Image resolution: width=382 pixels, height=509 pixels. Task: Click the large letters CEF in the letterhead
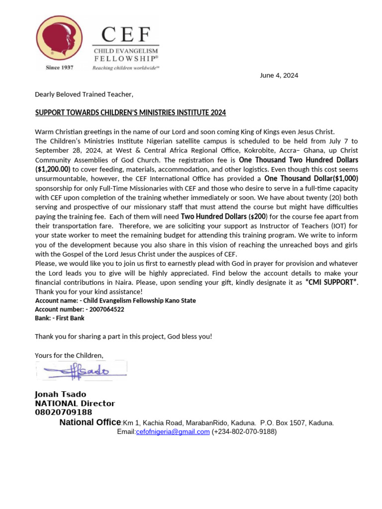(126, 35)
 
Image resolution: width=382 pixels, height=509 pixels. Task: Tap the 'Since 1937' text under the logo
(59, 68)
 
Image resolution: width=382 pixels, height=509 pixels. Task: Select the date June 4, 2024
(279, 76)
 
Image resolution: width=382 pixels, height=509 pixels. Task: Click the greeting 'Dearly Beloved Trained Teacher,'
(84, 94)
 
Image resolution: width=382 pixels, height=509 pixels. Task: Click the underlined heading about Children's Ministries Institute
(130, 113)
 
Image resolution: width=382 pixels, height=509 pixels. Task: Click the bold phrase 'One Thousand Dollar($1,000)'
(311, 178)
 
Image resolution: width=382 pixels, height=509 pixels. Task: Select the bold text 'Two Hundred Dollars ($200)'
(224, 217)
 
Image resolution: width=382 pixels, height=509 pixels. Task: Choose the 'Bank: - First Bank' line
(60, 318)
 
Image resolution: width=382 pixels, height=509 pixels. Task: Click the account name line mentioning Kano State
(115, 301)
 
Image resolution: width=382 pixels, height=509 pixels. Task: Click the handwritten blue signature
(82, 370)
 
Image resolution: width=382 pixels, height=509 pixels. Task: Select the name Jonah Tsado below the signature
(60, 394)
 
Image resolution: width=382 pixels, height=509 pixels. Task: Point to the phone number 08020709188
(63, 412)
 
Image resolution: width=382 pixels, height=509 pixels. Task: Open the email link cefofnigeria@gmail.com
(173, 432)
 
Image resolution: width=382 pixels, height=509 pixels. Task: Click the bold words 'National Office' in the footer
(90, 423)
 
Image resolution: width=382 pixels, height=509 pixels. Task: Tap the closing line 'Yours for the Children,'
(69, 355)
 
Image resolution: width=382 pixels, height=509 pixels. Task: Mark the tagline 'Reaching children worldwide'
(125, 68)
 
